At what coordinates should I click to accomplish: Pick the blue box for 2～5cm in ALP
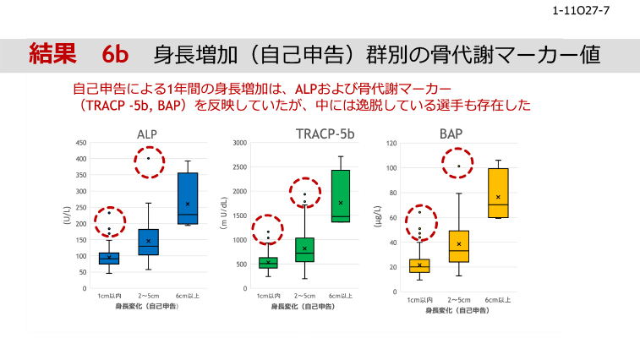tap(148, 243)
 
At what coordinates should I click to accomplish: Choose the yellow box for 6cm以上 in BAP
tap(498, 193)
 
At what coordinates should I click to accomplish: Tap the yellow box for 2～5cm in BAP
tap(459, 246)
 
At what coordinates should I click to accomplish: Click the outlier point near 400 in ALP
tap(148, 158)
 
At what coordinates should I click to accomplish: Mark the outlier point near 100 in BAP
tap(459, 166)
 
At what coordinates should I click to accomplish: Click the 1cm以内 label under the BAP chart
tap(420, 299)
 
